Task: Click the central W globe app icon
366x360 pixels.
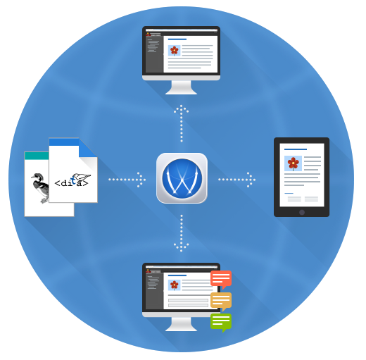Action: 182,178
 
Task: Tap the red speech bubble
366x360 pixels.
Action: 221,279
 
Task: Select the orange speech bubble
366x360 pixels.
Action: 221,301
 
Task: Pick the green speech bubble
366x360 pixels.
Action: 221,322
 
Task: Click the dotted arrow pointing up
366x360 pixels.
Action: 182,123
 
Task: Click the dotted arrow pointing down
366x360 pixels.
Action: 182,233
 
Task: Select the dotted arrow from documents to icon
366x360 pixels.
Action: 127,180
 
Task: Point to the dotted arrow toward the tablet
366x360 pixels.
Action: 237,180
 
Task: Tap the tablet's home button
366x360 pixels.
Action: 302,212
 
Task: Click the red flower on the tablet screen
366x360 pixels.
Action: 293,163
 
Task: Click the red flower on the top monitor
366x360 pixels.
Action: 175,51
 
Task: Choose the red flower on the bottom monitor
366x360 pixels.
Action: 175,285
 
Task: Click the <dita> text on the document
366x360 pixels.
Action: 71,182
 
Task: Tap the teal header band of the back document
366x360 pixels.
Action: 37,156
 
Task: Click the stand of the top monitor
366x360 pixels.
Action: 181,87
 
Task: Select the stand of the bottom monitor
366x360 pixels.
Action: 181,324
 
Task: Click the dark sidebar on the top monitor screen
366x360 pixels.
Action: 154,54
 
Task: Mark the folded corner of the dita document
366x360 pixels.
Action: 88,148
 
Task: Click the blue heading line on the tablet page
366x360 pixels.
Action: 296,149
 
